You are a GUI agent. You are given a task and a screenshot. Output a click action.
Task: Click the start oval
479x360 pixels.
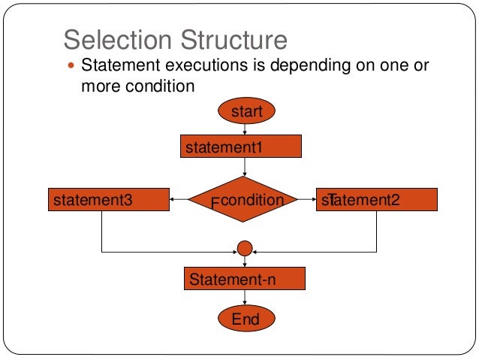tap(246, 112)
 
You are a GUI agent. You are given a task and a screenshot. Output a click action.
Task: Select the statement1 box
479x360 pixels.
tap(241, 147)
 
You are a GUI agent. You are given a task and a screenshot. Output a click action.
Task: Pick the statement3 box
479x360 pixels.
tap(108, 200)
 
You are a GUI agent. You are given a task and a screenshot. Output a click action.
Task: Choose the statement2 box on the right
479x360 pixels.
tap(376, 200)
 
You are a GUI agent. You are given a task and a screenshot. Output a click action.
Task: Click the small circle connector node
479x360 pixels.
tap(244, 248)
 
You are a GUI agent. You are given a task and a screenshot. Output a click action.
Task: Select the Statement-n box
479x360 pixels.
tap(245, 280)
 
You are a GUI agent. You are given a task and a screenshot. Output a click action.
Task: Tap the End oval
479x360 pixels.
tap(246, 319)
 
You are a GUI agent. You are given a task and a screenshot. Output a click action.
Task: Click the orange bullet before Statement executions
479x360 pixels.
tap(72, 66)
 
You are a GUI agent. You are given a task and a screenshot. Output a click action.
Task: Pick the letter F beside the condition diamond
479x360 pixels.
tap(215, 204)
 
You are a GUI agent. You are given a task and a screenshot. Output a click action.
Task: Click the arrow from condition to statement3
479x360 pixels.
tap(179, 200)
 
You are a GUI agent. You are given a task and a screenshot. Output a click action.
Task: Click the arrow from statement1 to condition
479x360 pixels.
tap(245, 167)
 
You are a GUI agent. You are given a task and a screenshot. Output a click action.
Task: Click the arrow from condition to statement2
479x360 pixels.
tap(306, 200)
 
